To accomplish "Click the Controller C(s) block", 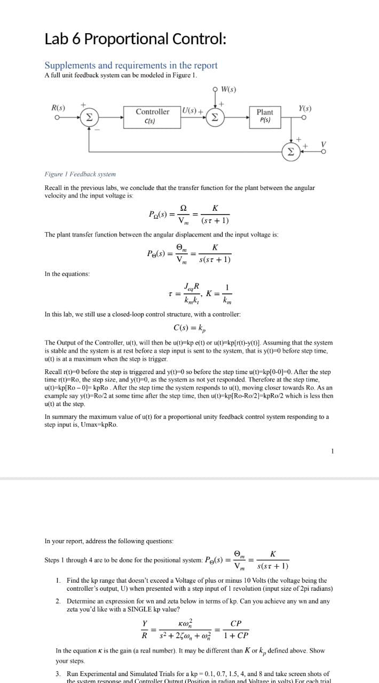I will pyautogui.click(x=152, y=116).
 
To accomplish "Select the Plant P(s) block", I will pyautogui.click(x=265, y=116).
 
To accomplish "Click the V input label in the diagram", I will pyautogui.click(x=322, y=144).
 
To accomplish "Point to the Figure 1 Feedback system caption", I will pyautogui.click(x=80, y=174).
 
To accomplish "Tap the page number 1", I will pyautogui.click(x=333, y=451).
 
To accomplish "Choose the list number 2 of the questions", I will pyautogui.click(x=58, y=601).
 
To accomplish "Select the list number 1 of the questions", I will pyautogui.click(x=58, y=580).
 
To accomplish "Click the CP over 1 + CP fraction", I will pyautogui.click(x=235, y=630).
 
